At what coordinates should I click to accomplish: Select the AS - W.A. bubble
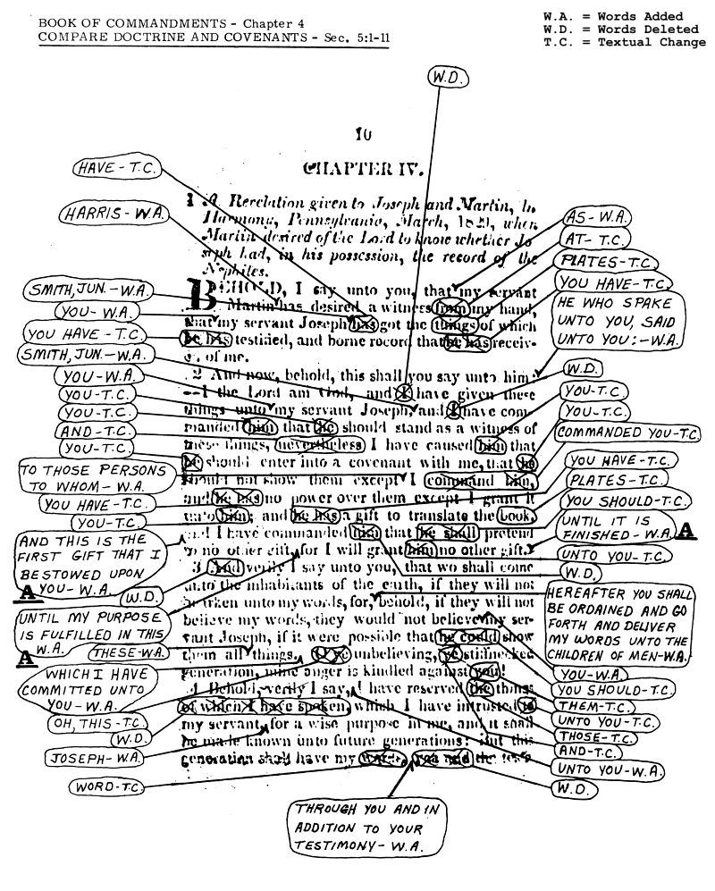coord(598,218)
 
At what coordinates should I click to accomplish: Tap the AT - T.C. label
coord(596,240)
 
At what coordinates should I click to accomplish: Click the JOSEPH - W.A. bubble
coord(93,758)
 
